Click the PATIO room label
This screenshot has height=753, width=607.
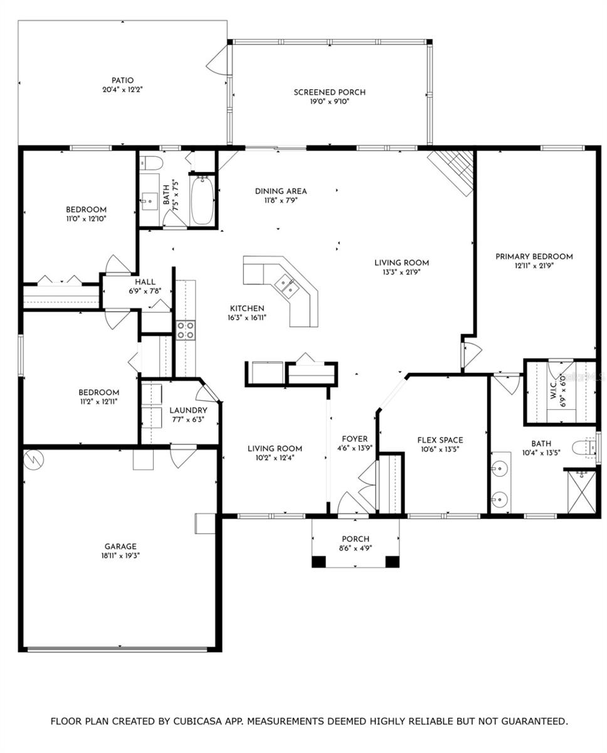[x=122, y=80]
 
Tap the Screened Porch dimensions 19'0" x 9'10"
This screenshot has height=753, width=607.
[x=329, y=102]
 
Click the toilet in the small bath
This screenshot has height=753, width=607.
[x=151, y=163]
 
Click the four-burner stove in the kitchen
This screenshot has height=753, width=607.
[x=186, y=330]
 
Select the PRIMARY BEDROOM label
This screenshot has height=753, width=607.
[x=534, y=257]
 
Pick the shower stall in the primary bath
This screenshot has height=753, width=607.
[x=581, y=491]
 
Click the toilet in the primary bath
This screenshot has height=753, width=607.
[x=584, y=447]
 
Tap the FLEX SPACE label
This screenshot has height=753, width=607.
[x=440, y=440]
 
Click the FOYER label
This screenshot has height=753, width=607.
[x=354, y=439]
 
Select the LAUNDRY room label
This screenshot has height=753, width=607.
[x=188, y=410]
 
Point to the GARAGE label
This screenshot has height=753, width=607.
[x=120, y=546]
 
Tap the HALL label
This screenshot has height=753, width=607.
[x=145, y=282]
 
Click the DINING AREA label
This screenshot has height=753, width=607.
[x=281, y=191]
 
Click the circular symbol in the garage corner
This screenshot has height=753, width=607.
[x=34, y=459]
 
